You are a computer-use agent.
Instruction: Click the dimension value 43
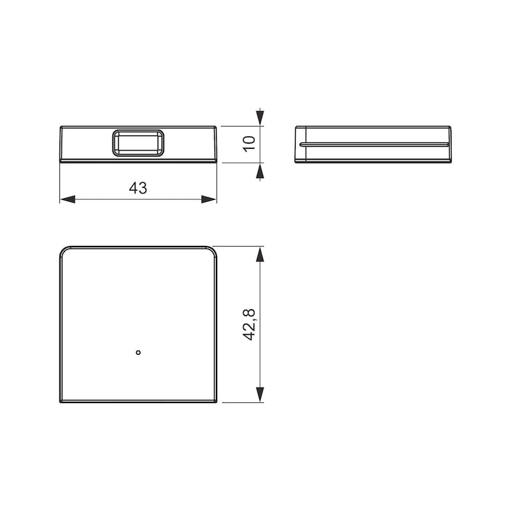coord(138,188)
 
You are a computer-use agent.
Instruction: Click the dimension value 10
coord(249,144)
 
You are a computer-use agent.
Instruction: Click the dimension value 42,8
coord(249,324)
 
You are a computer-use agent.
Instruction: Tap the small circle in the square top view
coord(138,353)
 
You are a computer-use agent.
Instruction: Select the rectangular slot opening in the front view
coord(138,143)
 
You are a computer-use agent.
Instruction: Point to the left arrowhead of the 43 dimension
coord(68,199)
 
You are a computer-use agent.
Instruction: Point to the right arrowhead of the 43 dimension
coord(209,199)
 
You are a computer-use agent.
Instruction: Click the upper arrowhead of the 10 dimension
coord(260,118)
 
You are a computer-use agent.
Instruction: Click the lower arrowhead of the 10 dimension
coord(260,171)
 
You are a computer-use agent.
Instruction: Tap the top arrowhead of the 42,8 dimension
coord(260,254)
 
